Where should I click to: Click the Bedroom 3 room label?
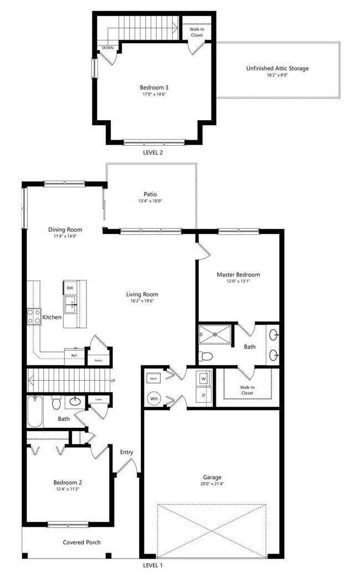[154, 87]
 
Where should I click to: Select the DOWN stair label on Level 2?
[107, 48]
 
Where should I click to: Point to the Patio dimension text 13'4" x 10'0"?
[150, 201]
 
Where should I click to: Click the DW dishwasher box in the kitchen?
[70, 288]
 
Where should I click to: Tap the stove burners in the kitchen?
[34, 316]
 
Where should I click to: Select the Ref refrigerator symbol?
[74, 356]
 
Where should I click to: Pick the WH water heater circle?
[154, 398]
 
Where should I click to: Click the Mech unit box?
[154, 378]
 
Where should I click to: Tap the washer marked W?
[203, 379]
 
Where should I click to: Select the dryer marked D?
[203, 395]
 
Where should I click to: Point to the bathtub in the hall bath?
[34, 412]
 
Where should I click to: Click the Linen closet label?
[99, 399]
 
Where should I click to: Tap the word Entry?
[127, 452]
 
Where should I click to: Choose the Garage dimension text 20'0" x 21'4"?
[212, 484]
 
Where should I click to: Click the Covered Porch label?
[81, 542]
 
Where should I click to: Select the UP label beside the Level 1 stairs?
[113, 381]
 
